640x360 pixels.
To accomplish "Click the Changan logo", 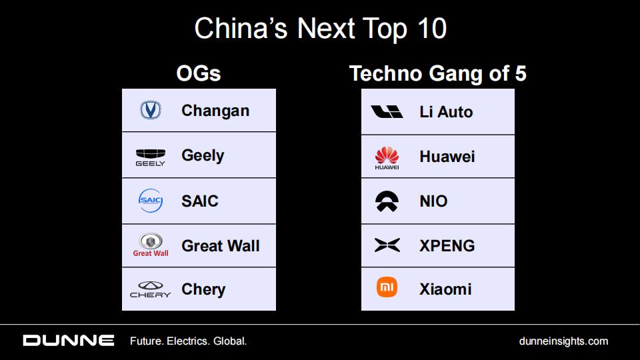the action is coord(151,110).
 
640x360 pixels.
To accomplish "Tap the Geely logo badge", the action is coord(151,157).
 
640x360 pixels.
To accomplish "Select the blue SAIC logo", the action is coord(151,201).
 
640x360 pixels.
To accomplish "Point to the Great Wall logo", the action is coord(151,245).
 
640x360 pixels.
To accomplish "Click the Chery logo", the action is coord(150,289).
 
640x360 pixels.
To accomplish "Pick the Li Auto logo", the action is coord(387,112).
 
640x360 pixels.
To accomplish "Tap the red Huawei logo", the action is coord(387,158).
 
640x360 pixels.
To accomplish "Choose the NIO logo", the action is coord(387,201).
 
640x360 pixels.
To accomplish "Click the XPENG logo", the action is coord(387,245).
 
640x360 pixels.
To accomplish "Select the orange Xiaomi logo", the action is coord(387,287).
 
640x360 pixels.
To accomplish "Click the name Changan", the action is coord(215,111).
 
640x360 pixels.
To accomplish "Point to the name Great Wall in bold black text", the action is coord(221,246).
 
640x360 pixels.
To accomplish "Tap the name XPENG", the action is coord(447,246).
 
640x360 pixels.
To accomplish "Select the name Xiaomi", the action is coord(445,289).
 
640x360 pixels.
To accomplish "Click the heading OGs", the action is coord(199,73).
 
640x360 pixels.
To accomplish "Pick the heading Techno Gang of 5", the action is coord(437,73).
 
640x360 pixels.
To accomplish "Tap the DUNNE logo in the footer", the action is coord(69,341).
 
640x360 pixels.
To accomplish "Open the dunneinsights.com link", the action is coord(563,341).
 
